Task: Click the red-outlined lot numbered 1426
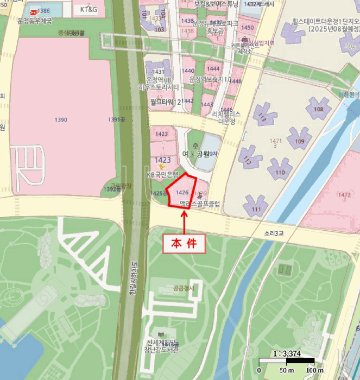[182, 192]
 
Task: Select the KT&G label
[89, 10]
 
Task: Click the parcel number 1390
[61, 119]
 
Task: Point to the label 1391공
[117, 119]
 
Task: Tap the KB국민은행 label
[162, 175]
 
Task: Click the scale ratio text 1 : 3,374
[287, 353]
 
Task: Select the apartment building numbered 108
[318, 109]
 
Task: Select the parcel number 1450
[247, 27]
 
